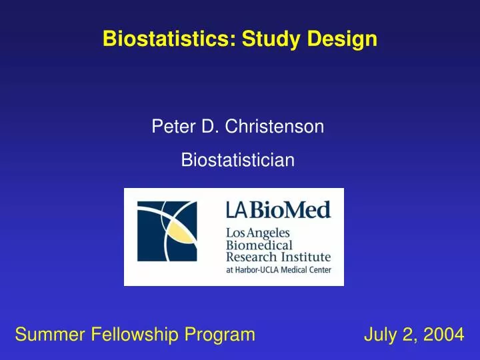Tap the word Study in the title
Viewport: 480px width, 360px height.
[x=271, y=39]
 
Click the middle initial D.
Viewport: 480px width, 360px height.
[x=206, y=125]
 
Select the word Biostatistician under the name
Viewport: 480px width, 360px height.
[x=238, y=160]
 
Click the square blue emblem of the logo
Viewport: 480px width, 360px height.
[x=167, y=237]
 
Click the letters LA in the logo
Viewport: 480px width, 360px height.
[x=236, y=211]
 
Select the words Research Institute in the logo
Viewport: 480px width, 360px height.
[x=278, y=257]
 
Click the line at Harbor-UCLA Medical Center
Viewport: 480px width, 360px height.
[x=278, y=269]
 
